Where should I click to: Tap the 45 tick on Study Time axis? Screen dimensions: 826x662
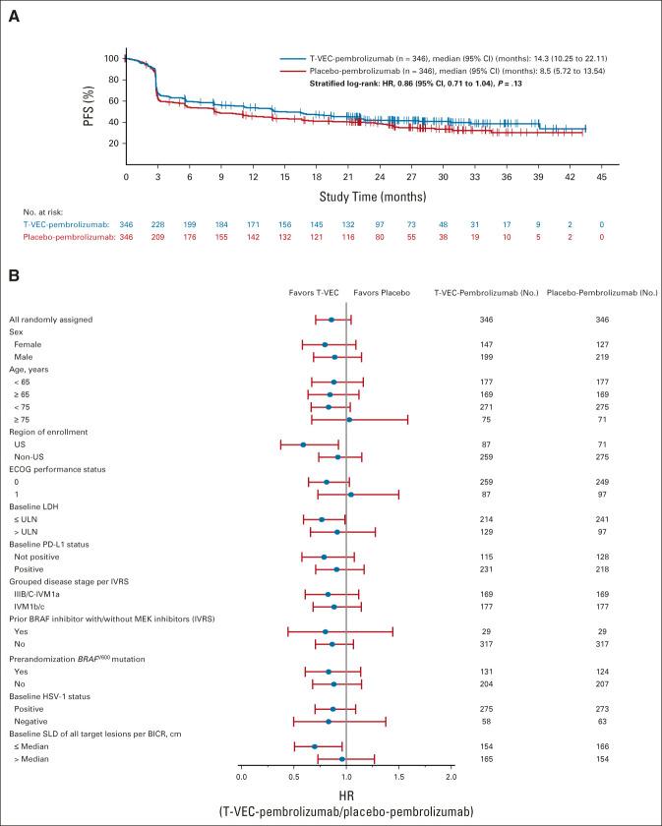coord(602,176)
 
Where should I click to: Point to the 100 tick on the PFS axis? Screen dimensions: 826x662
coord(111,59)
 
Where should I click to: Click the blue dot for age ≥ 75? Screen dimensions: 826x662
coord(349,420)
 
